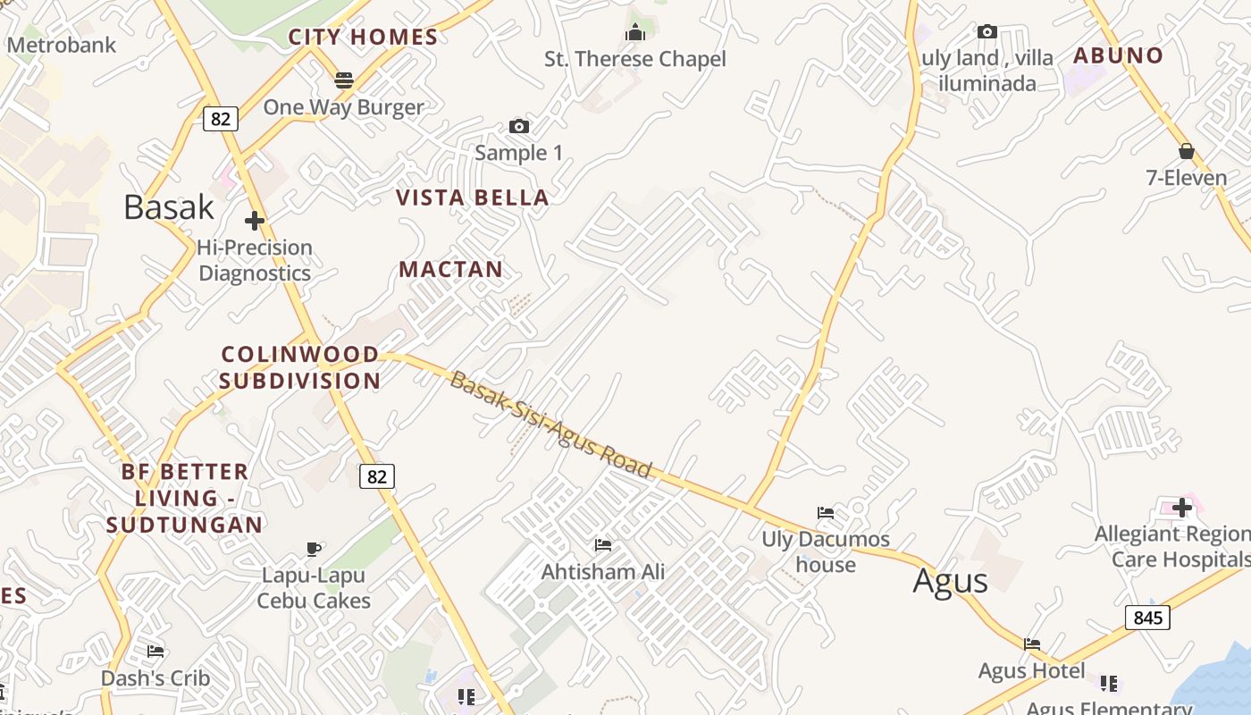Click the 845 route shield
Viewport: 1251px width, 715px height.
pyautogui.click(x=1147, y=618)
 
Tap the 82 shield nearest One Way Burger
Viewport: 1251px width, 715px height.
pyautogui.click(x=221, y=118)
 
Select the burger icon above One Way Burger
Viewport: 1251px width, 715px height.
pyautogui.click(x=344, y=80)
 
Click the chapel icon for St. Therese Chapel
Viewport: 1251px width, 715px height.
pyautogui.click(x=635, y=33)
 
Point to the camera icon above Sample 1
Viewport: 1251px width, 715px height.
pyautogui.click(x=518, y=126)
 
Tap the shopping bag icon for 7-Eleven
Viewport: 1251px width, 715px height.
pyautogui.click(x=1187, y=151)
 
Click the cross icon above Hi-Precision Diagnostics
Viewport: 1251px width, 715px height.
pyautogui.click(x=255, y=220)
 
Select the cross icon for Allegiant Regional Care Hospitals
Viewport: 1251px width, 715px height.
pyautogui.click(x=1182, y=508)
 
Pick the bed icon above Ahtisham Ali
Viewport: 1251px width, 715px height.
pyautogui.click(x=603, y=544)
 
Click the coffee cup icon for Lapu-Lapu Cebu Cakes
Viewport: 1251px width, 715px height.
pyautogui.click(x=314, y=548)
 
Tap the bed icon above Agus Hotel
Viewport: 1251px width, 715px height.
pyautogui.click(x=1032, y=643)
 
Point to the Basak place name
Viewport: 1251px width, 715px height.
pyautogui.click(x=169, y=206)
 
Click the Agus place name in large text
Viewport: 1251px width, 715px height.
pyautogui.click(x=950, y=581)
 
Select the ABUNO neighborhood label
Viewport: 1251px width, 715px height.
pyautogui.click(x=1118, y=55)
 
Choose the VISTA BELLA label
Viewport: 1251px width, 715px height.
pyautogui.click(x=472, y=198)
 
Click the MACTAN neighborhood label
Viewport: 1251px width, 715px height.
pyautogui.click(x=450, y=269)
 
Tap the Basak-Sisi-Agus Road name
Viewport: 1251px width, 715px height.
pyautogui.click(x=550, y=425)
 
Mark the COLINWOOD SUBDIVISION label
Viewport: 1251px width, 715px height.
pyautogui.click(x=300, y=367)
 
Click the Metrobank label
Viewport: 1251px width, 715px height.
pyautogui.click(x=62, y=45)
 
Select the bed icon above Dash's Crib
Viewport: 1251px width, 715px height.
pyautogui.click(x=155, y=651)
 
